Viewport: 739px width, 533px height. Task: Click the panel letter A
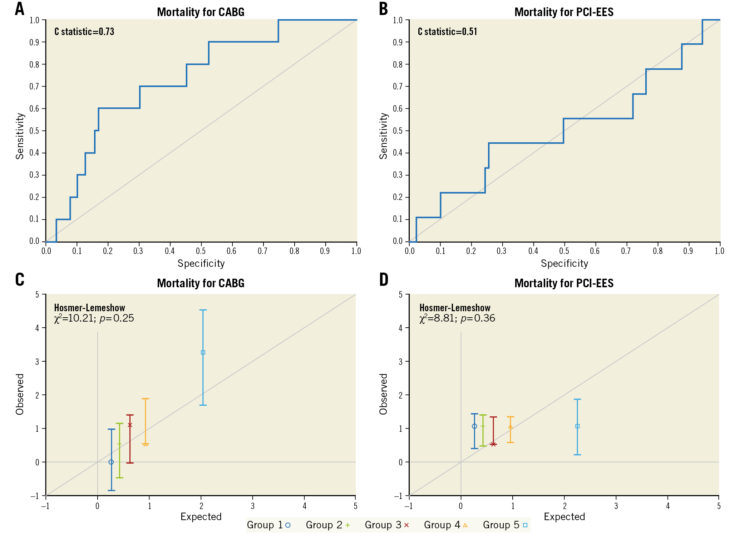tap(20, 9)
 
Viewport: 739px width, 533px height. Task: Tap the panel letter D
tap(383, 280)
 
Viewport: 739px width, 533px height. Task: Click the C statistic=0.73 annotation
tap(84, 32)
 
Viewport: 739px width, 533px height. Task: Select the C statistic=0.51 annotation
tap(447, 32)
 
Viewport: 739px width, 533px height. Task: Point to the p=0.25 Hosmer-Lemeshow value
tap(117, 318)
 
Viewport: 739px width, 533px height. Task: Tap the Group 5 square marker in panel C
tap(203, 352)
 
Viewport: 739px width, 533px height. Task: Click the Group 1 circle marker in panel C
tap(111, 462)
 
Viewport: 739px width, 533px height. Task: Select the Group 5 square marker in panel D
tap(577, 426)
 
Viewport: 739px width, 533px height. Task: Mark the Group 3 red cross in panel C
tap(130, 425)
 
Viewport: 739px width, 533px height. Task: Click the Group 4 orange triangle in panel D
tap(510, 426)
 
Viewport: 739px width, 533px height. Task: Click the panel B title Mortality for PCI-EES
tap(564, 12)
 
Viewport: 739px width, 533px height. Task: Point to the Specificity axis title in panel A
tap(201, 264)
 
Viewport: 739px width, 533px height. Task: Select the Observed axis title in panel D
tap(383, 394)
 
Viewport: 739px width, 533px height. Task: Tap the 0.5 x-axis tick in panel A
tap(201, 251)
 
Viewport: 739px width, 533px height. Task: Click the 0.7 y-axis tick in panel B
tap(398, 87)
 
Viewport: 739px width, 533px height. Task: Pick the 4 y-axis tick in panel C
tap(37, 328)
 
